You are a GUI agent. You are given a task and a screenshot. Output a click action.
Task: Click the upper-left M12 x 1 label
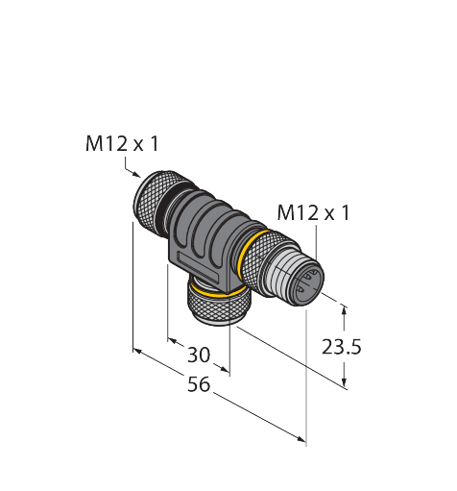point(122,144)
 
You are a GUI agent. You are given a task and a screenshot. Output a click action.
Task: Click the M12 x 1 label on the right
point(313,213)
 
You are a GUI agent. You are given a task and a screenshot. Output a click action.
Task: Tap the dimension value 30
point(199,355)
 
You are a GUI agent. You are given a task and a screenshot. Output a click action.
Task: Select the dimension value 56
point(199,384)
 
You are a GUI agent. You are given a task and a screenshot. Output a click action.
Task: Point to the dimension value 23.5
point(341,347)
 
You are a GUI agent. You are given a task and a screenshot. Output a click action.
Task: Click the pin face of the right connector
point(309,282)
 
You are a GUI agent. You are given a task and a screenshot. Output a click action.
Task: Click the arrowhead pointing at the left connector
point(137,175)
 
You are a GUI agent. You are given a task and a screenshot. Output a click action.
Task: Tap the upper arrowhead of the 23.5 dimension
point(345,309)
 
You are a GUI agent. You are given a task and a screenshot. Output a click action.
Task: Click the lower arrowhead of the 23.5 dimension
point(345,382)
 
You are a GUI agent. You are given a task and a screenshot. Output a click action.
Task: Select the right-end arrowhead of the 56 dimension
point(301,439)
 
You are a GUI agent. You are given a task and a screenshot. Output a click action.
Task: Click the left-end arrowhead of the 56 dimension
point(137,352)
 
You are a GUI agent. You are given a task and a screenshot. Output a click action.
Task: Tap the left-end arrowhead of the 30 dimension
point(173,340)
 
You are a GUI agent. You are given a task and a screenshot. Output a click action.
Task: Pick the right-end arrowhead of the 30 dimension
point(225,369)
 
